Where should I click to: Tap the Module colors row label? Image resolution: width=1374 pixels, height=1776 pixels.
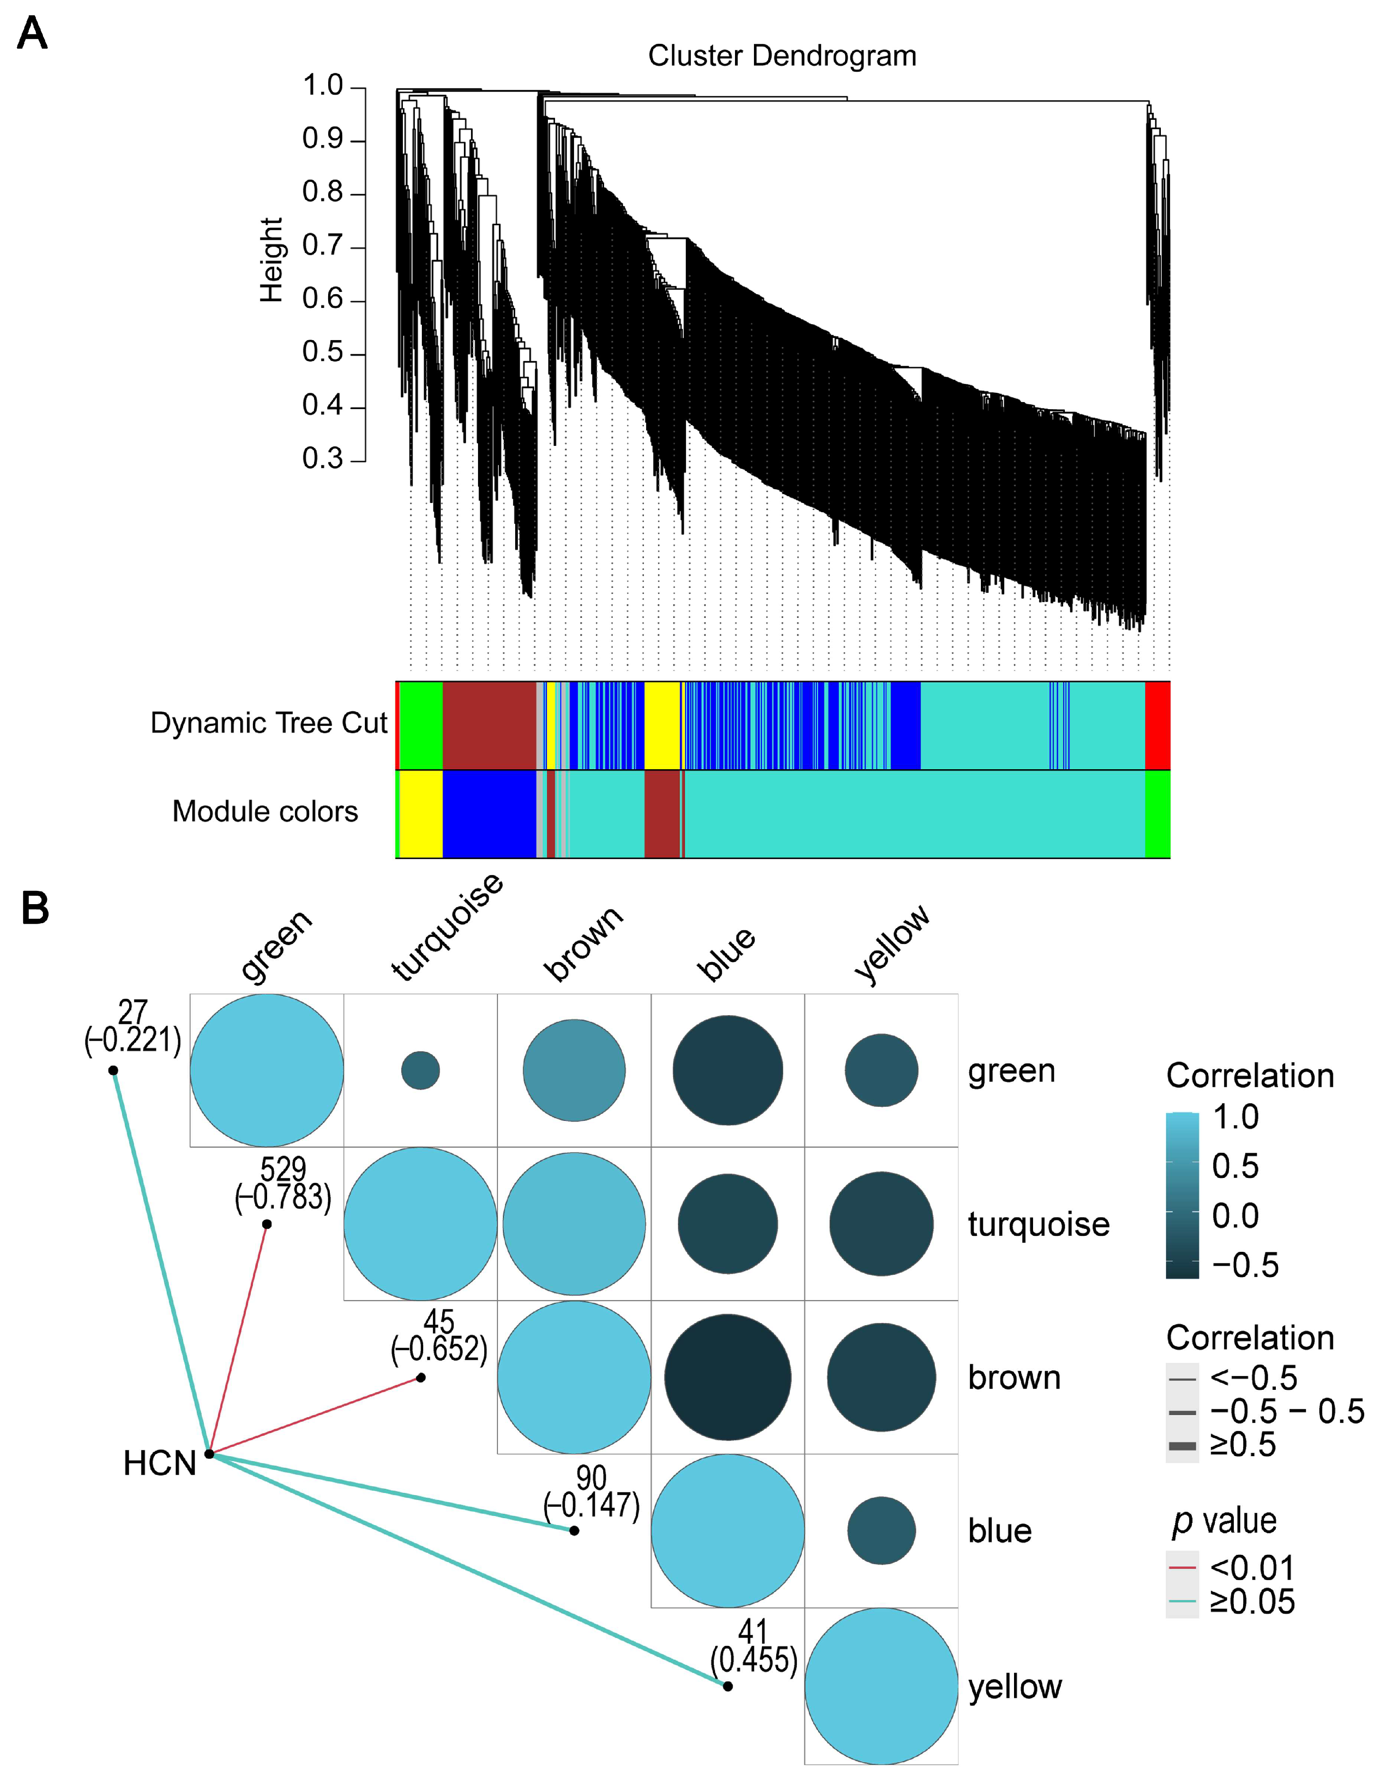point(265,812)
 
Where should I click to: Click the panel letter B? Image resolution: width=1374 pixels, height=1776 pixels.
point(35,908)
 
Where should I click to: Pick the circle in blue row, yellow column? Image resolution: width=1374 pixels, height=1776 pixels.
point(881,1531)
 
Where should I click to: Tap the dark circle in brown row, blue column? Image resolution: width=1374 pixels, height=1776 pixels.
point(727,1377)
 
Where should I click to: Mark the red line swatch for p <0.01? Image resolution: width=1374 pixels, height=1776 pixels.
point(1182,1567)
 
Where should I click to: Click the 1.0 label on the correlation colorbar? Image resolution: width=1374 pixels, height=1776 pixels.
point(1236,1117)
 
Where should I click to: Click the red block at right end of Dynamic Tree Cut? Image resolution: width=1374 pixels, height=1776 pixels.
point(1157,725)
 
